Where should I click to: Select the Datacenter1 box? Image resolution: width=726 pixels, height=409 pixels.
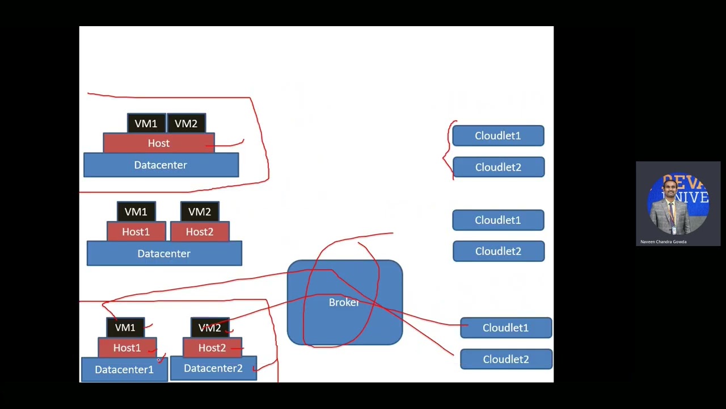[x=124, y=370]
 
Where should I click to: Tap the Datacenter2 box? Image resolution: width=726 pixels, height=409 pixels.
[x=213, y=369]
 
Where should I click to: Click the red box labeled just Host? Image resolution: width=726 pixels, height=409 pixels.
[x=159, y=143]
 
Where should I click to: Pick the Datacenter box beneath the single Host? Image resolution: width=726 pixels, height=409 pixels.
[x=161, y=165]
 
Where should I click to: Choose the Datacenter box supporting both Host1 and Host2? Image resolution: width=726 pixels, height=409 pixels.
[x=164, y=254]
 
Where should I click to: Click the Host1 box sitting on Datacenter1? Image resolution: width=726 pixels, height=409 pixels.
[x=127, y=348]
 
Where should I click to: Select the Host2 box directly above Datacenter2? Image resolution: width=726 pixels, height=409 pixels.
[x=212, y=348]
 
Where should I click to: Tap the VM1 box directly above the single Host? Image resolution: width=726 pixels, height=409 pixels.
[x=146, y=123]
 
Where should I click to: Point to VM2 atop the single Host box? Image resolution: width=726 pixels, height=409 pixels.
[x=186, y=123]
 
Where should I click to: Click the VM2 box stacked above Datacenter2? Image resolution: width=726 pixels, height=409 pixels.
[x=210, y=328]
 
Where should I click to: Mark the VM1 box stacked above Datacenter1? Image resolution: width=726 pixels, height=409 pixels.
[x=125, y=328]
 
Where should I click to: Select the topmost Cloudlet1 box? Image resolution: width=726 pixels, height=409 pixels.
[x=498, y=136]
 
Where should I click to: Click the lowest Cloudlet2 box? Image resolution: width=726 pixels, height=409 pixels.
[x=506, y=360]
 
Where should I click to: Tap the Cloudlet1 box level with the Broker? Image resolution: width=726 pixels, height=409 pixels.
[x=506, y=328]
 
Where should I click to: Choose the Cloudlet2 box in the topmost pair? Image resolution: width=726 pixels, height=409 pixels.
[x=498, y=168]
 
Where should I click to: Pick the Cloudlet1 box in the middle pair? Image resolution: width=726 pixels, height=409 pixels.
[x=498, y=220]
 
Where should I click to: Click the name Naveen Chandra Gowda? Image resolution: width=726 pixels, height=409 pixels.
[x=663, y=242]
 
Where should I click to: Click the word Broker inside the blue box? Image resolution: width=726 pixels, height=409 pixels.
[x=344, y=303]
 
